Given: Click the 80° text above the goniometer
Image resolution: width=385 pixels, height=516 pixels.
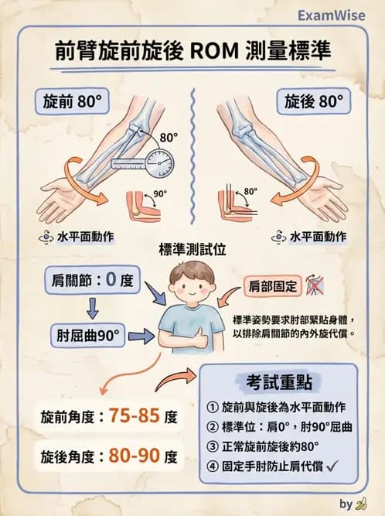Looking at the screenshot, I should [169, 137].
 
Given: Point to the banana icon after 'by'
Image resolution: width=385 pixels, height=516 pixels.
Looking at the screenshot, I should [360, 504].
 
